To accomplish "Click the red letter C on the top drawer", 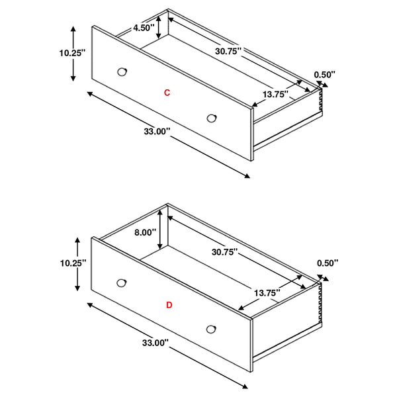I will (x=167, y=93).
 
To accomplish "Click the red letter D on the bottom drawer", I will (x=169, y=305).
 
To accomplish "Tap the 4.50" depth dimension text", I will (x=144, y=28).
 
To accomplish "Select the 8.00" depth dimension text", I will (x=145, y=232).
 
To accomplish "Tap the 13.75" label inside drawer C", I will (x=275, y=95).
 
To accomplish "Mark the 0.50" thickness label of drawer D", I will (x=327, y=263).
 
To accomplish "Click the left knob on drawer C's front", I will (x=122, y=71).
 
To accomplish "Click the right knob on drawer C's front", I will (x=211, y=118).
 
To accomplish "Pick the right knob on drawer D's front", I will (x=211, y=328).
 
